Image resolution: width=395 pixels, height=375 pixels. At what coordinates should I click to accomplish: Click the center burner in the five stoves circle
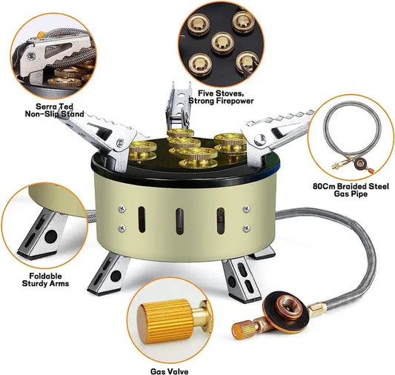coord(220,44)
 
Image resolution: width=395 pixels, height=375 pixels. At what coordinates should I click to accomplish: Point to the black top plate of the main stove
coord(148,159)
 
